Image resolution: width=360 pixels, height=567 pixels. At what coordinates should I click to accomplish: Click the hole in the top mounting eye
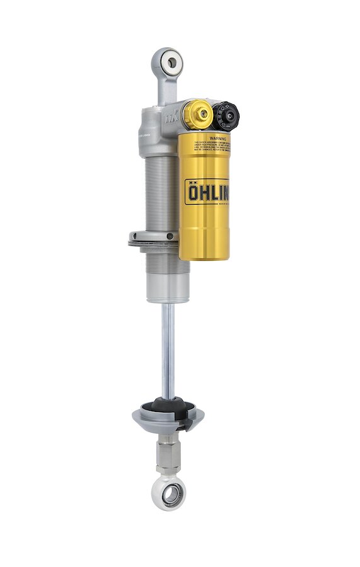pos(170,62)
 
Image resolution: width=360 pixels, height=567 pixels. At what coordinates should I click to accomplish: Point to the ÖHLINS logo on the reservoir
pos(207,190)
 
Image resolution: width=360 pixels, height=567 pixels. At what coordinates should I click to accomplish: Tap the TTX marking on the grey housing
pos(171,115)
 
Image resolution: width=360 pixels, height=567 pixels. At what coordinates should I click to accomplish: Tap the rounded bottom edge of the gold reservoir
pos(204,255)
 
